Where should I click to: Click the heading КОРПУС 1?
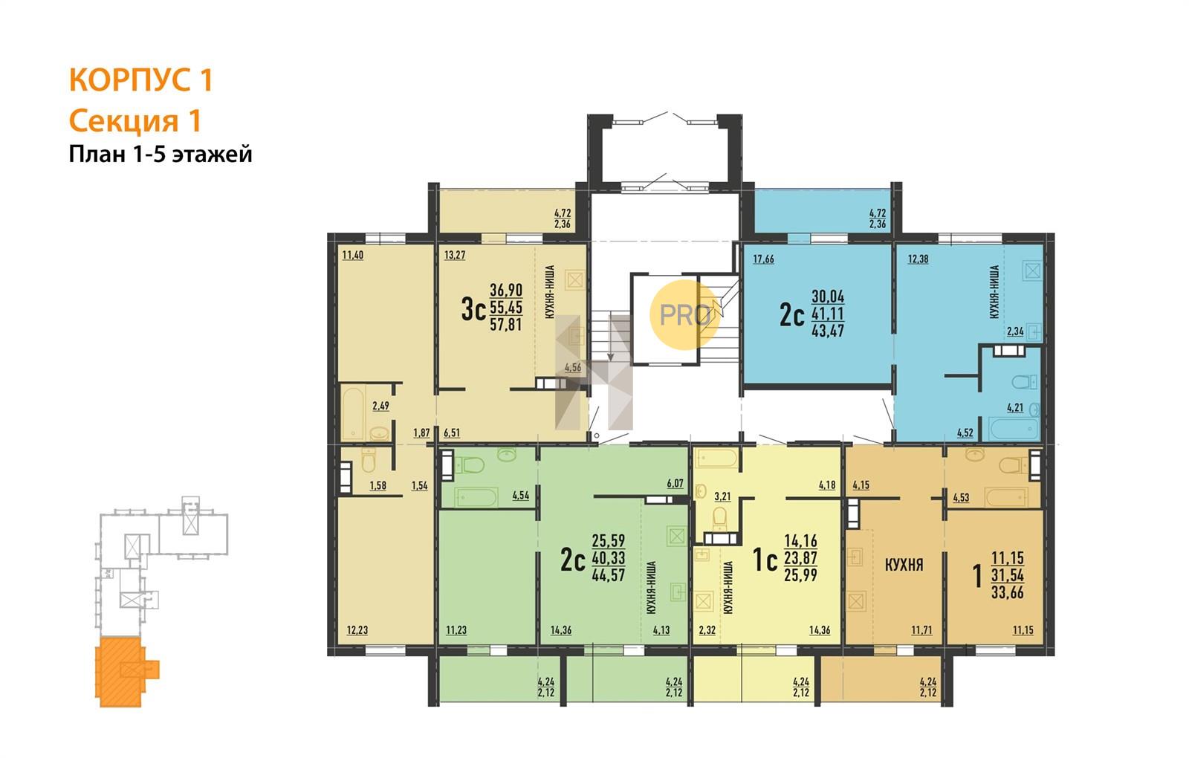coord(140,80)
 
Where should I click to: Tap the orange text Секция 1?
coord(135,121)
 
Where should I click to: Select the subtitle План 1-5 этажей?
coord(161,155)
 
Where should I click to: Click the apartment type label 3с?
coord(473,309)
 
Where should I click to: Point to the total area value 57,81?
coord(506,324)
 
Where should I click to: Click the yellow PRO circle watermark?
coord(684,315)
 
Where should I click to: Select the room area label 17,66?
coord(763,259)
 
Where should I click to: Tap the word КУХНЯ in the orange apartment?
coord(904,565)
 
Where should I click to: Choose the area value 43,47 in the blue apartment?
coord(828,330)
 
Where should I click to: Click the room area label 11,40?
coord(352,255)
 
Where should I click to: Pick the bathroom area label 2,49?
coord(380,406)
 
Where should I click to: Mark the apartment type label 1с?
coord(765,560)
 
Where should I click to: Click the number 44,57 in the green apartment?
coord(609,574)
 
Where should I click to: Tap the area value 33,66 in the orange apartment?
coord(1008,592)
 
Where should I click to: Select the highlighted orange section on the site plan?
coord(126,672)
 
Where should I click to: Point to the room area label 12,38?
coord(918,259)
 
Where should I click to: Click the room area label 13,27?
coord(454,255)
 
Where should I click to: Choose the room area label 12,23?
coord(357,630)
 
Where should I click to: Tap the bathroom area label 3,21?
coord(722,496)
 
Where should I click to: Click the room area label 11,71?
coord(921,630)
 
